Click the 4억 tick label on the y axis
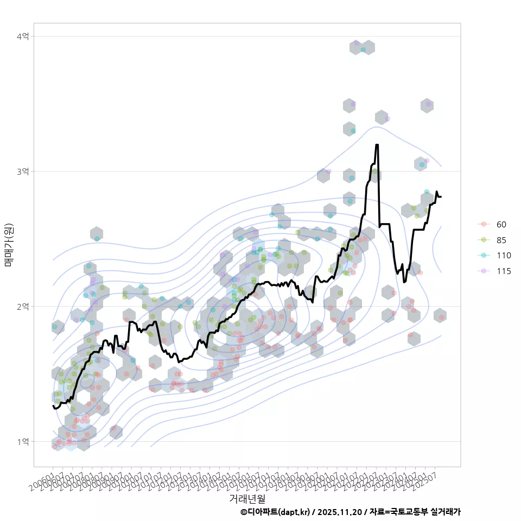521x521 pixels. [23, 36]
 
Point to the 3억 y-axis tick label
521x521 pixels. [23, 171]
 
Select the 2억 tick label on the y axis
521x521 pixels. [23, 307]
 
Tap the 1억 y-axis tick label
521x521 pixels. [23, 442]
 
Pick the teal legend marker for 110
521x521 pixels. [482, 256]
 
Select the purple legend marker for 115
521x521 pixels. [482, 271]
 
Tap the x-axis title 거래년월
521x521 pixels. [247, 498]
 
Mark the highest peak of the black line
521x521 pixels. [377, 145]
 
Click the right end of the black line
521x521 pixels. [441, 196]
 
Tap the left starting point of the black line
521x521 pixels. [53, 405]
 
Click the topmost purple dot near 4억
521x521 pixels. [357, 43]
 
